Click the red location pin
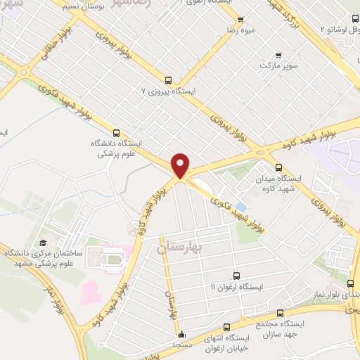(x=181, y=165)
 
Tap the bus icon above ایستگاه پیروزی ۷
(x=168, y=80)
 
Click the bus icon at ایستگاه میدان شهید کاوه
(x=279, y=167)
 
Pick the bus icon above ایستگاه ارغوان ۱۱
(x=237, y=276)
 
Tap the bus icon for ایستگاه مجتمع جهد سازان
(x=280, y=313)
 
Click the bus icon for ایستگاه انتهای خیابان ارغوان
(x=226, y=326)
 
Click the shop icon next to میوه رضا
(x=240, y=20)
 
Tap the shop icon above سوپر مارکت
(x=278, y=55)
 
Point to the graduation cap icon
(x=43, y=242)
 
